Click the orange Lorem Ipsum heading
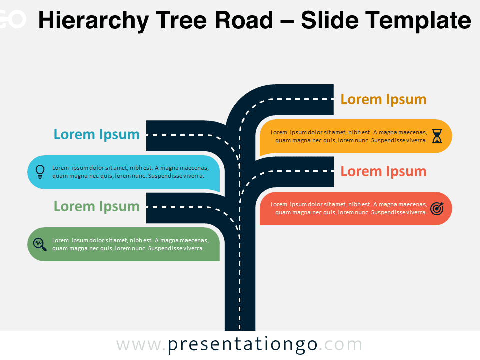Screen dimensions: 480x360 383,100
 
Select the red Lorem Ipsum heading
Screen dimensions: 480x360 383,171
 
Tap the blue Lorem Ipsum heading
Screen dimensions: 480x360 96,134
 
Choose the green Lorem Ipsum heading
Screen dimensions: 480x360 96,207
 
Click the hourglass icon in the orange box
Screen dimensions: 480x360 437,136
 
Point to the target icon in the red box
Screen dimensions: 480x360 437,209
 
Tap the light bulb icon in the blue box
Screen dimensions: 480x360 40,172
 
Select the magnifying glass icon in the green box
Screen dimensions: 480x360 40,244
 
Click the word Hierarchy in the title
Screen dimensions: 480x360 93,21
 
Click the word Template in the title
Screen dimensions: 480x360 418,20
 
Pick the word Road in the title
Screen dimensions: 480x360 244,20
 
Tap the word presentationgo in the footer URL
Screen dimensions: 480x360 243,345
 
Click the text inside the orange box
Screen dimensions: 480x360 349,136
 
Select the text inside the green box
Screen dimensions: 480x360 130,244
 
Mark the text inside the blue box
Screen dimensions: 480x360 130,172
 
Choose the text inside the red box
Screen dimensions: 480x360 349,208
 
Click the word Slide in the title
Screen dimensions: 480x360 330,20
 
